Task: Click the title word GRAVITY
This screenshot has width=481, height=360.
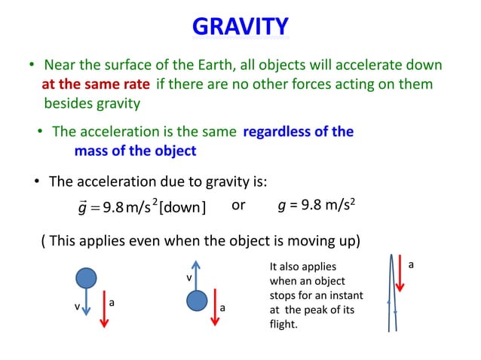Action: click(x=240, y=27)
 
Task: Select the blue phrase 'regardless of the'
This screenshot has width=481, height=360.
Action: click(x=298, y=132)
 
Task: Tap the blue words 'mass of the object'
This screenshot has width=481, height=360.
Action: click(x=135, y=151)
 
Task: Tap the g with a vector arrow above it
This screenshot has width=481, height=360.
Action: click(x=81, y=207)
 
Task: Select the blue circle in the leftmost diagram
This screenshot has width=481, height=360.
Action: click(x=87, y=278)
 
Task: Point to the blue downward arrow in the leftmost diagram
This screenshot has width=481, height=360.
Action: click(x=87, y=305)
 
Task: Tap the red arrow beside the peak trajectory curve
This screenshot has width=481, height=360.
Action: click(x=400, y=276)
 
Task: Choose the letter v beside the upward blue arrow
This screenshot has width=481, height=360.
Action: click(x=188, y=279)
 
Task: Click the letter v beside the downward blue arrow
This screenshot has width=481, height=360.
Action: click(x=75, y=307)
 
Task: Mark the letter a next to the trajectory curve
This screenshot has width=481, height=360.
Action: click(x=411, y=265)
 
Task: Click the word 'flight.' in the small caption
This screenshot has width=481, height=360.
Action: click(x=283, y=325)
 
